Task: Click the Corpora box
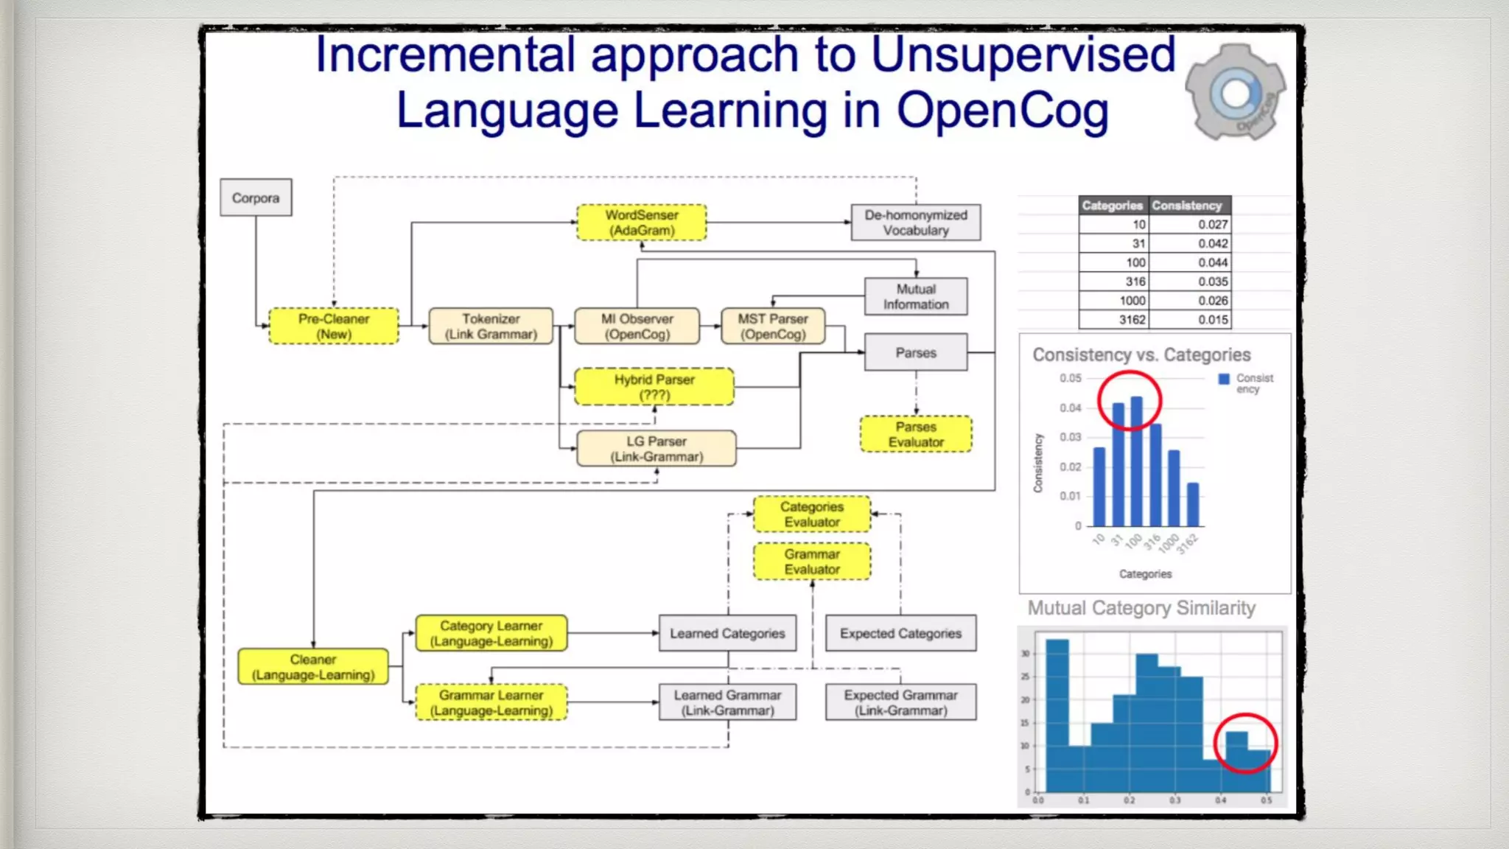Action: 256,198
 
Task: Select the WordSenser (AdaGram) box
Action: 641,223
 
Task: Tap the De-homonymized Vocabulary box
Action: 916,223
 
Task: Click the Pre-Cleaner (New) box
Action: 334,326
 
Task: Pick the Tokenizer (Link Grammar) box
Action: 491,326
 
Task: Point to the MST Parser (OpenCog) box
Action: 773,326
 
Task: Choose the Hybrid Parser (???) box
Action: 654,387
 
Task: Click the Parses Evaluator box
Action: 916,434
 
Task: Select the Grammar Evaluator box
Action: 812,562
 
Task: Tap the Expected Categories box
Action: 900,633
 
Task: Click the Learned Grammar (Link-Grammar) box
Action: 727,702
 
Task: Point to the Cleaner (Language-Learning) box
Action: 313,667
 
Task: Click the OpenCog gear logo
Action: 1236,93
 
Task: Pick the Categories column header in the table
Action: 1113,206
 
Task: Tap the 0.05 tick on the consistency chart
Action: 1071,378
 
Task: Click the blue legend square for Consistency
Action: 1224,379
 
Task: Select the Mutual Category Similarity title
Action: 1141,608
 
